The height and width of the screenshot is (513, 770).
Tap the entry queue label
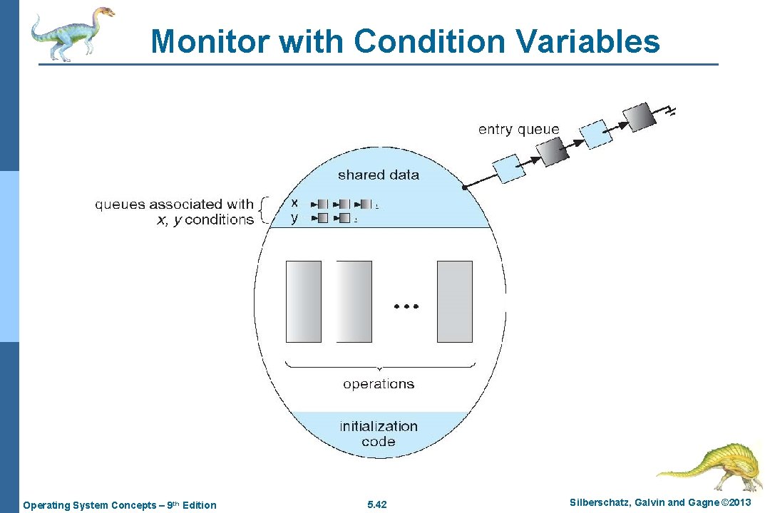coord(518,130)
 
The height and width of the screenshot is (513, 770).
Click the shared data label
coord(378,175)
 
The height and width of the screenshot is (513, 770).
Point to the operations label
coord(378,384)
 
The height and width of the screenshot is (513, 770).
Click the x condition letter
coord(294,203)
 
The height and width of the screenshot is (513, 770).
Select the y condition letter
coord(294,218)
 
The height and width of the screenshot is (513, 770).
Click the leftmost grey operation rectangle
coord(304,301)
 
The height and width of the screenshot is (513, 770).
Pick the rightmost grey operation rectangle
coord(454,301)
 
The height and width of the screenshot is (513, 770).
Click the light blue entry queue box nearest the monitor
coord(510,168)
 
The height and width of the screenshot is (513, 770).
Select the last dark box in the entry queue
coord(639,118)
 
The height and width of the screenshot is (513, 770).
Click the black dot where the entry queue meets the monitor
coord(464,187)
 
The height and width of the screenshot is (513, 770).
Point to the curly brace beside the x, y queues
coord(264,211)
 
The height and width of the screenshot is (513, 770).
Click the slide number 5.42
coord(376,505)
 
